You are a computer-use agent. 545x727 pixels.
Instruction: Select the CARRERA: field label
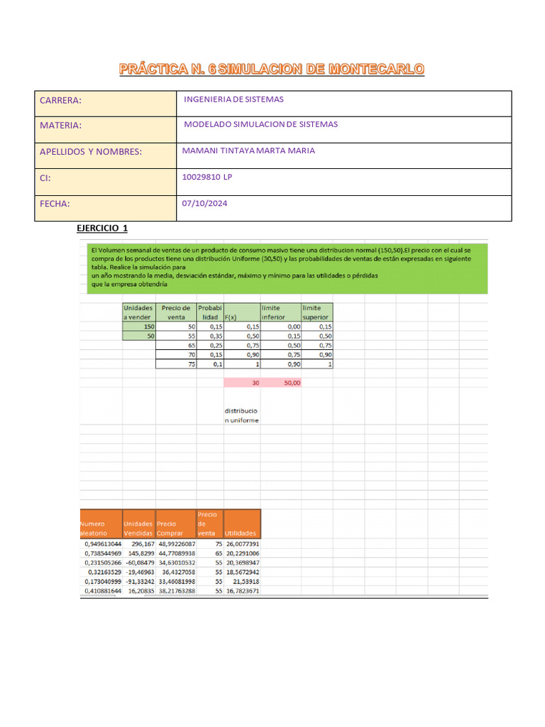(x=61, y=101)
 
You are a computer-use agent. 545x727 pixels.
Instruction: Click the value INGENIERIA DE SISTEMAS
(x=233, y=99)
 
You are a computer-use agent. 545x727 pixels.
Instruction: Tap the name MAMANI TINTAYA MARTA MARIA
(x=248, y=151)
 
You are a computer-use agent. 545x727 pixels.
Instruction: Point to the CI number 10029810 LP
(x=207, y=177)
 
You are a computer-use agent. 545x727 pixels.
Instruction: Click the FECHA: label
(x=55, y=204)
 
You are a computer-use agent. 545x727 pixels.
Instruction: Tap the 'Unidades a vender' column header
(x=139, y=312)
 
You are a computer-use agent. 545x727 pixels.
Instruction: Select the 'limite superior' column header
(x=317, y=312)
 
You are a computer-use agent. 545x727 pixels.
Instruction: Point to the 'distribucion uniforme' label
(x=242, y=415)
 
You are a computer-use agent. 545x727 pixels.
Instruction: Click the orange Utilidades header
(x=241, y=533)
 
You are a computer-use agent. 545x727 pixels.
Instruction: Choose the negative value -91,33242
(x=139, y=581)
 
